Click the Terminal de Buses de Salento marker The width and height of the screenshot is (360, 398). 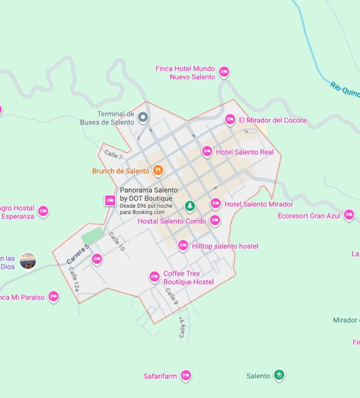[143, 117]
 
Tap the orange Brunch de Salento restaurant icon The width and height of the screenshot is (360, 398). [158, 170]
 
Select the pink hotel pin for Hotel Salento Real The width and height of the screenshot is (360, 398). [207, 151]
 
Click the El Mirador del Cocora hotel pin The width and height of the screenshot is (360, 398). [230, 119]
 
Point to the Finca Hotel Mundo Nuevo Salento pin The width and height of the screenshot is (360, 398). [224, 72]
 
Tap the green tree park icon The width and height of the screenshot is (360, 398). [190, 205]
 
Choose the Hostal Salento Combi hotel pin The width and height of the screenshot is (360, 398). [215, 220]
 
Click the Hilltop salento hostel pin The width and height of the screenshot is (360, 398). [183, 245]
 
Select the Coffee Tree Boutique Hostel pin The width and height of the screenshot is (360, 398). [155, 276]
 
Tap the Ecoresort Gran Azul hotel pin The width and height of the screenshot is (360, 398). [349, 215]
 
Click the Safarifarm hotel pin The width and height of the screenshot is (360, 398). [186, 375]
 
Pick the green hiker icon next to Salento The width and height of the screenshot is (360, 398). [279, 375]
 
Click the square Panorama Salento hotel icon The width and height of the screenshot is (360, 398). [110, 200]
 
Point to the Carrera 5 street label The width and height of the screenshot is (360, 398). [78, 254]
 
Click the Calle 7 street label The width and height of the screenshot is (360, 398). [113, 154]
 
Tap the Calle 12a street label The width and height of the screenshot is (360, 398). [74, 279]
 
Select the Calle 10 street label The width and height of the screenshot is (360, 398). [117, 241]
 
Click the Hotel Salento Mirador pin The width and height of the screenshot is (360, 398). [216, 203]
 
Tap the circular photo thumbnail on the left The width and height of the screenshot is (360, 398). [28, 260]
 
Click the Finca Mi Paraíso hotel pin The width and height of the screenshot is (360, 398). [54, 297]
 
